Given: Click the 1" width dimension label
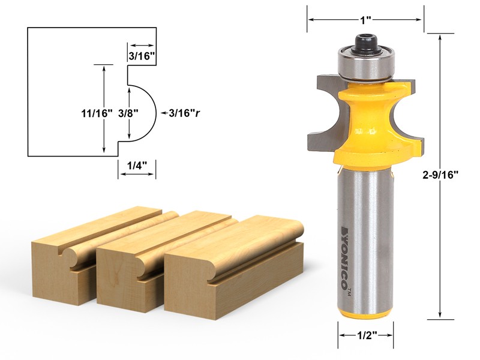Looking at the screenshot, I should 365,19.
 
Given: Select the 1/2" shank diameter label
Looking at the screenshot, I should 365,337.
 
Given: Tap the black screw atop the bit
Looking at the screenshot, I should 364,43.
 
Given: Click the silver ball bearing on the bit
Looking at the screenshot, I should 364,66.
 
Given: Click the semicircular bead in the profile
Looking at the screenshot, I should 143,112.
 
